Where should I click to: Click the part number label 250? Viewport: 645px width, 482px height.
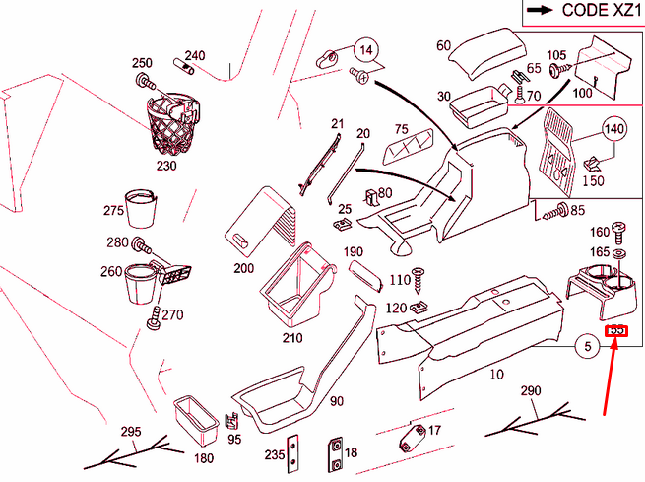142,63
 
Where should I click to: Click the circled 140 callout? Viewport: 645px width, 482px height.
613,130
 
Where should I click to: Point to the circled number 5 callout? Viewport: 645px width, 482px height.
587,346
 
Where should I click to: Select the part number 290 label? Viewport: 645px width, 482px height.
531,391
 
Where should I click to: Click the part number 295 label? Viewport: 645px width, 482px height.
131,432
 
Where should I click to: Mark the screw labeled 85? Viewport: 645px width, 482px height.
553,210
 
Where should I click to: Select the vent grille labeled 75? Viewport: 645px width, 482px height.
405,150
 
